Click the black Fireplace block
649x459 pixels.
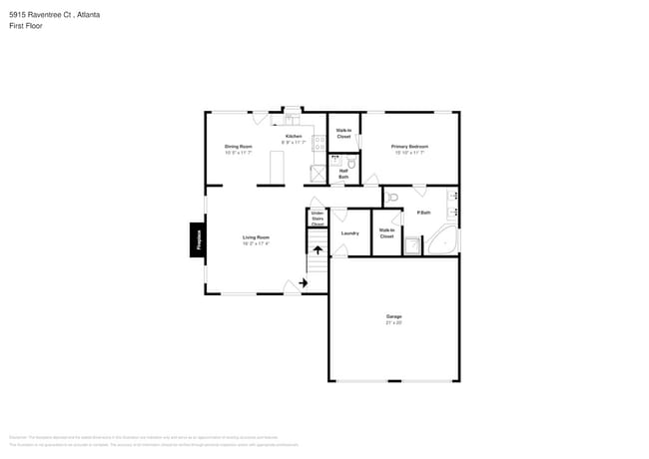click(198, 239)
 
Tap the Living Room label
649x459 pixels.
click(256, 239)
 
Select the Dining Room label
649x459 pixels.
click(238, 149)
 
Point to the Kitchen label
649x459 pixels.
click(294, 138)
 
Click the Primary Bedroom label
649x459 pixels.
click(409, 149)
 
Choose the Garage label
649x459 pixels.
click(394, 319)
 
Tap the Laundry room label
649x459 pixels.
click(349, 233)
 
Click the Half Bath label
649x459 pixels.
click(343, 173)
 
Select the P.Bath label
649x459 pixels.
click(423, 213)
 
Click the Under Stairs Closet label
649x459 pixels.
click(318, 219)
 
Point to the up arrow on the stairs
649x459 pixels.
click(318, 250)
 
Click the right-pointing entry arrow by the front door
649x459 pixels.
click(302, 283)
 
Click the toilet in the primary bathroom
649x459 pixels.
click(392, 196)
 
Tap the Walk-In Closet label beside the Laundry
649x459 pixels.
click(386, 233)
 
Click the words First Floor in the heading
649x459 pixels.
click(23, 25)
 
